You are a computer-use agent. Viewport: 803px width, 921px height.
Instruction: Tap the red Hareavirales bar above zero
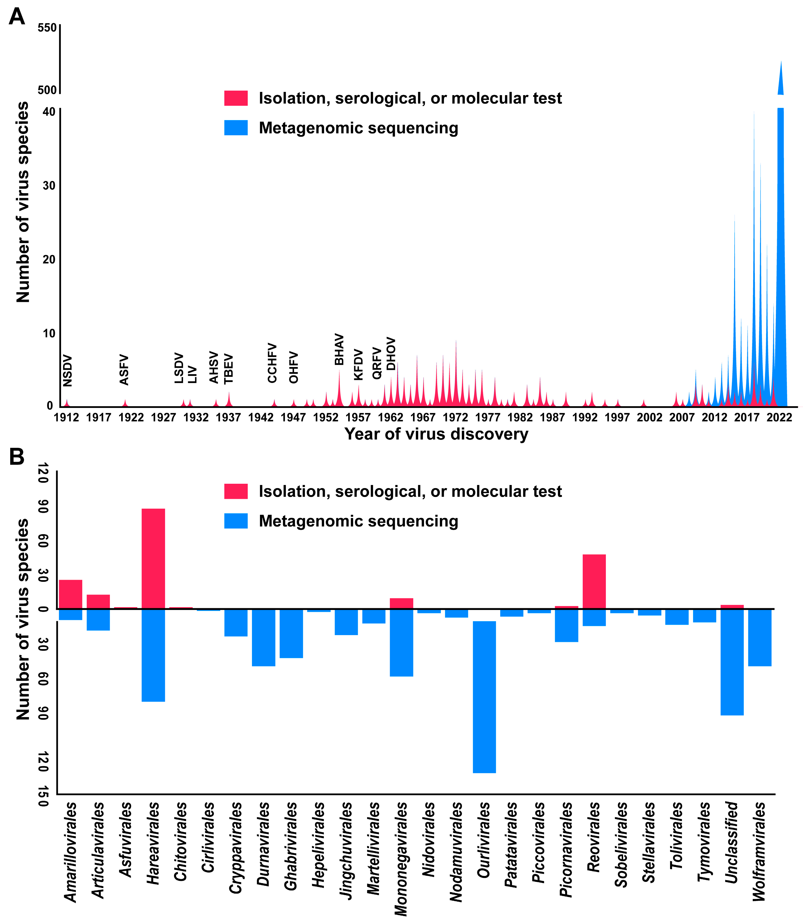(x=153, y=558)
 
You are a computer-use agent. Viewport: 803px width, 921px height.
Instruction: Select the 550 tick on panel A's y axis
(x=47, y=28)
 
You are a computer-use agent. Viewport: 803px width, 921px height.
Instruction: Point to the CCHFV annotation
(x=272, y=363)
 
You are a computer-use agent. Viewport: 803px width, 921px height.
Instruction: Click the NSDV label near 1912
(x=67, y=371)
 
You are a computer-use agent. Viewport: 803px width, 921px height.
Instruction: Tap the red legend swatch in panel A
(x=236, y=98)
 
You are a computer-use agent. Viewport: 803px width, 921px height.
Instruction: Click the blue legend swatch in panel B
(x=236, y=521)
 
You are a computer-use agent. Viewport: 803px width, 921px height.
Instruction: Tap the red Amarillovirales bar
(x=70, y=594)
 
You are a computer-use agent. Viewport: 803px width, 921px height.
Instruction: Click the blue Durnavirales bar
(x=263, y=637)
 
